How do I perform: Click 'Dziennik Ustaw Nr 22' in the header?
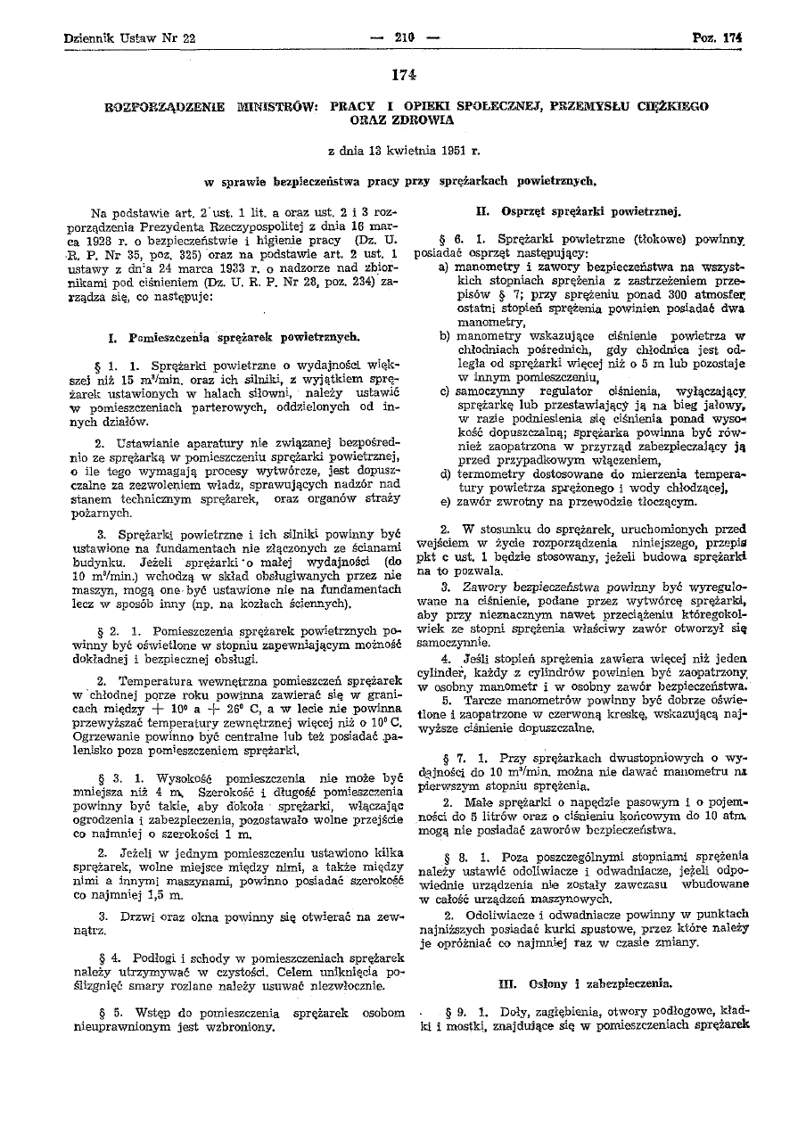point(130,38)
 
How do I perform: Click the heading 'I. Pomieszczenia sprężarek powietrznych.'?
point(234,338)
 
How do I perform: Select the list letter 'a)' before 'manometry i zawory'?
point(444,266)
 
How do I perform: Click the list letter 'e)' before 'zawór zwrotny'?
point(444,500)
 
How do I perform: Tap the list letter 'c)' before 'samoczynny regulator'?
point(444,391)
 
